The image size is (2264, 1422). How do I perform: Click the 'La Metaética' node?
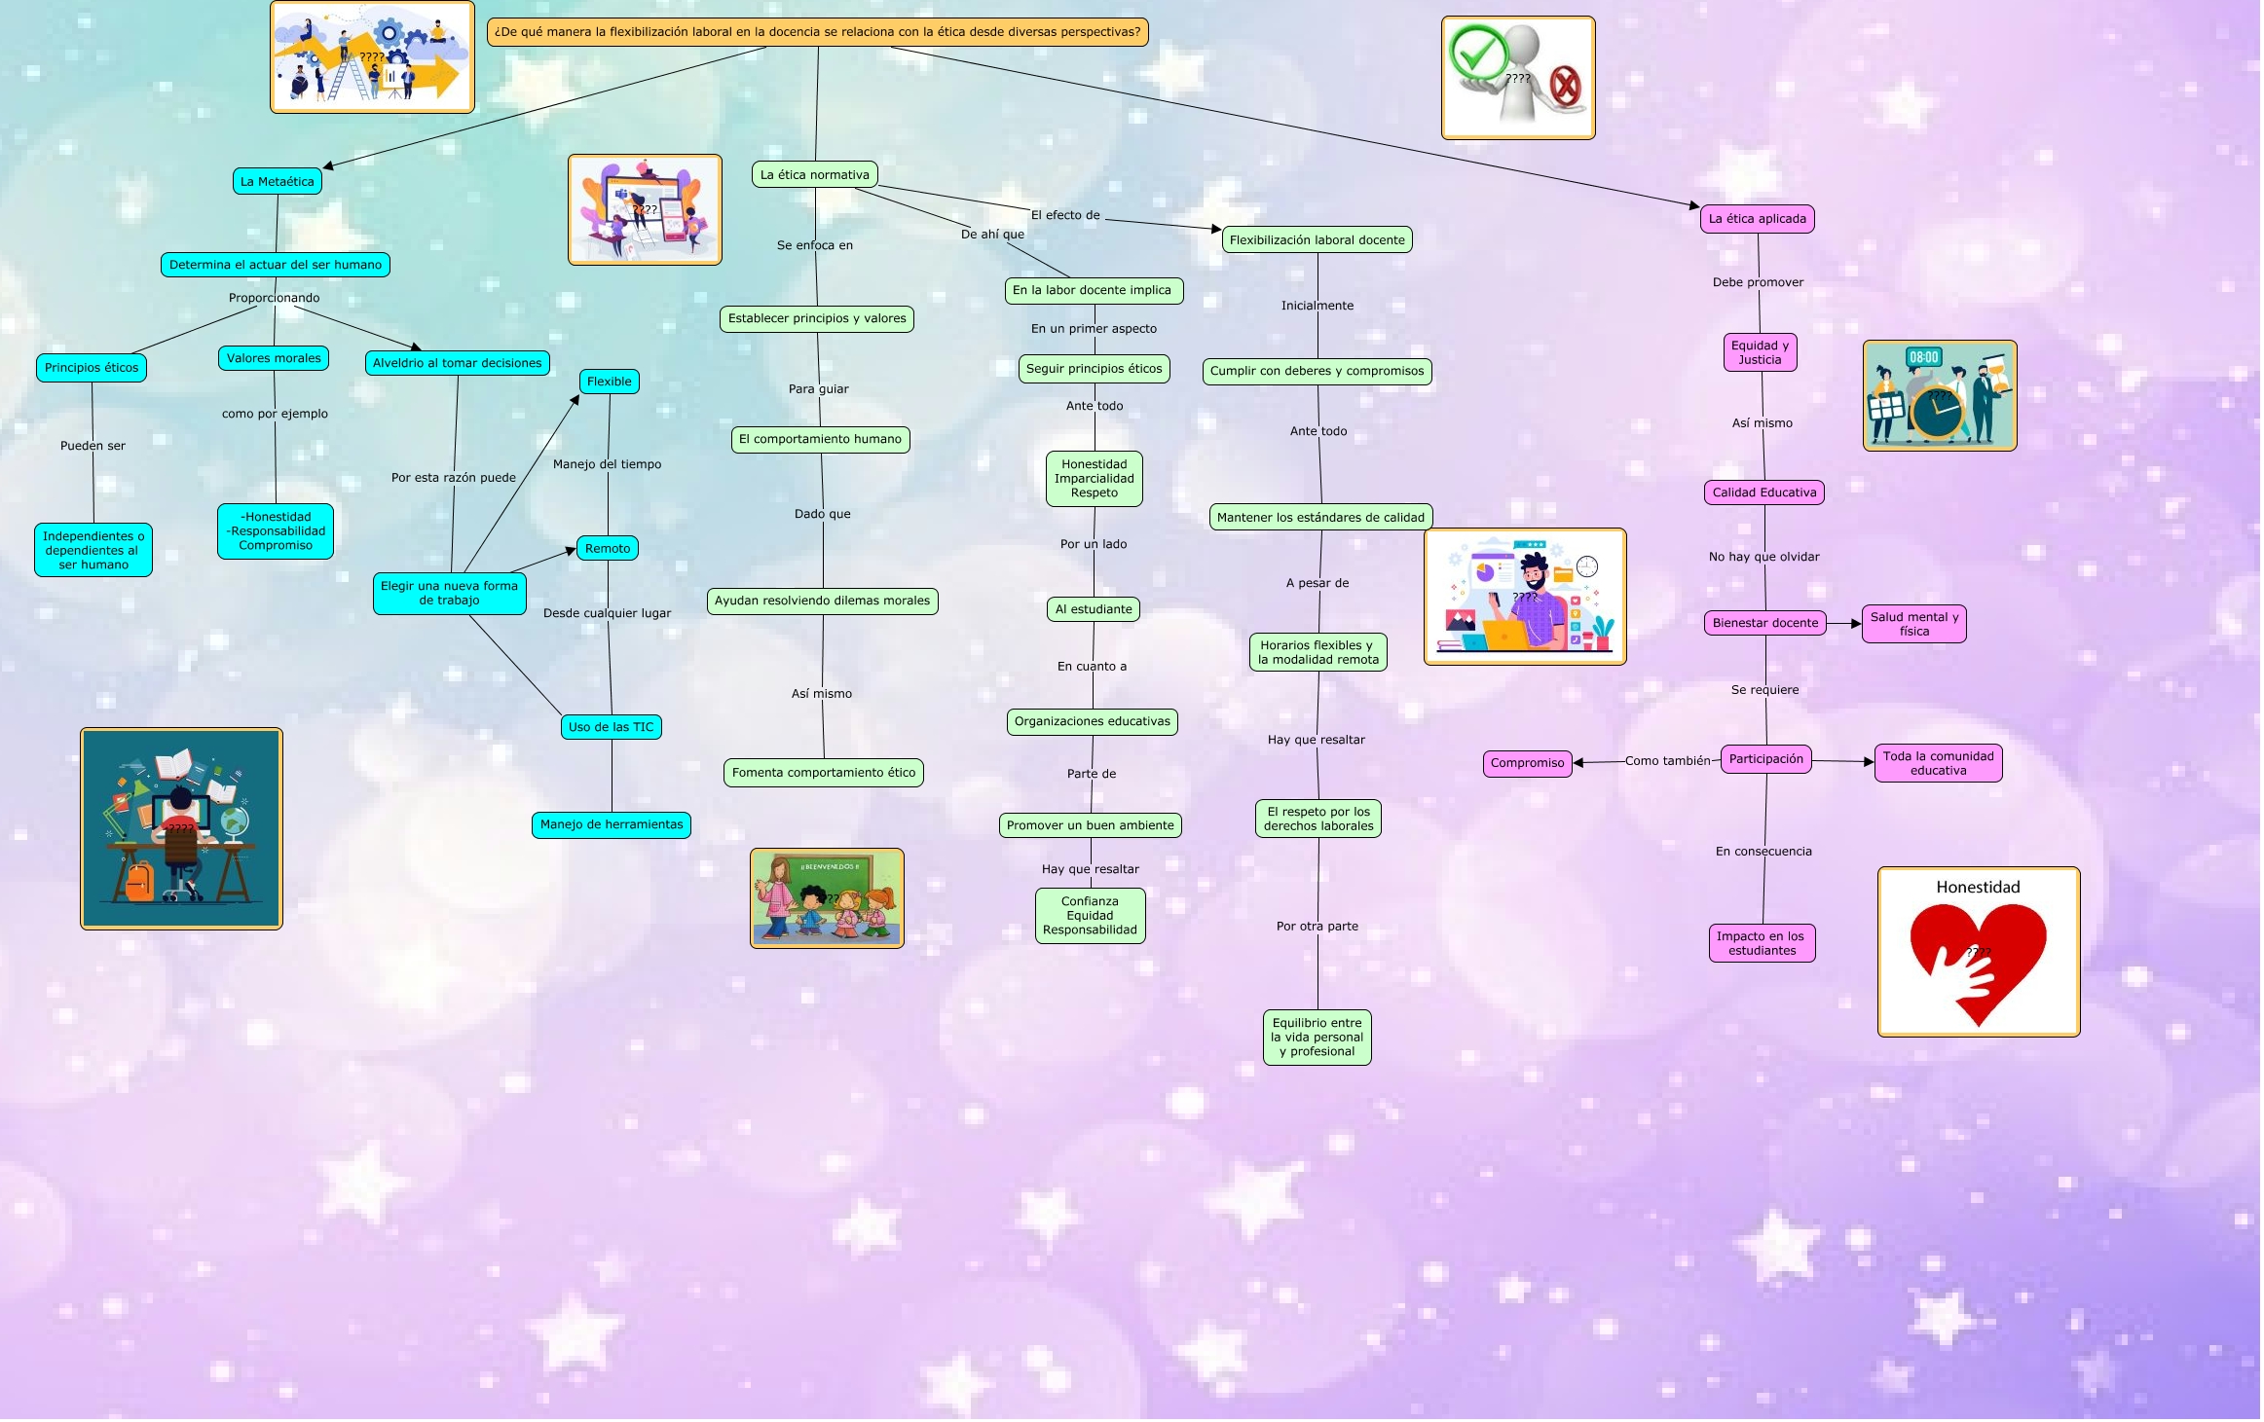coord(278,181)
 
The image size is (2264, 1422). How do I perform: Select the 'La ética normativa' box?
coord(815,175)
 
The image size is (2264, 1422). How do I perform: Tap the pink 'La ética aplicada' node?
coord(1758,219)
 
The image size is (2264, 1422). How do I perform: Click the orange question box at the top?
coord(818,32)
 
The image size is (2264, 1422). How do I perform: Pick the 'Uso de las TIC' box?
coord(612,727)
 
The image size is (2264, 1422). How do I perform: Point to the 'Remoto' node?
coord(608,549)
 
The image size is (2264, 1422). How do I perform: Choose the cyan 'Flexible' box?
coord(610,382)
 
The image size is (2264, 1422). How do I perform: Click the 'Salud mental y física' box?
coord(1914,624)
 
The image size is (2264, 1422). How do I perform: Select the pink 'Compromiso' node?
coord(1528,763)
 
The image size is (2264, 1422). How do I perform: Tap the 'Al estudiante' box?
coord(1095,609)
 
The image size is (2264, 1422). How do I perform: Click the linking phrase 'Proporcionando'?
coord(275,298)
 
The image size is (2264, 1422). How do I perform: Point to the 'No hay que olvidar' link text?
coord(1764,557)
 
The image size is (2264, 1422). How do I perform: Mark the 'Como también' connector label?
coord(1668,761)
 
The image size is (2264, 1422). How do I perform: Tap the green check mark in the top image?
coord(1479,52)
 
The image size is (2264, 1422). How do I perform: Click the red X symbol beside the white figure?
coord(1565,87)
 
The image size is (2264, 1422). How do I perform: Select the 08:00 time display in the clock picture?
coord(1924,357)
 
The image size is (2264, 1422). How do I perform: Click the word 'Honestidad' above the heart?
coord(1978,887)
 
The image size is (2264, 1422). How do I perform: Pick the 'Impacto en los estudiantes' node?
coord(1762,943)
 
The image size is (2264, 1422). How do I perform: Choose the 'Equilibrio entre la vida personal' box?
coord(1318,1038)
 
